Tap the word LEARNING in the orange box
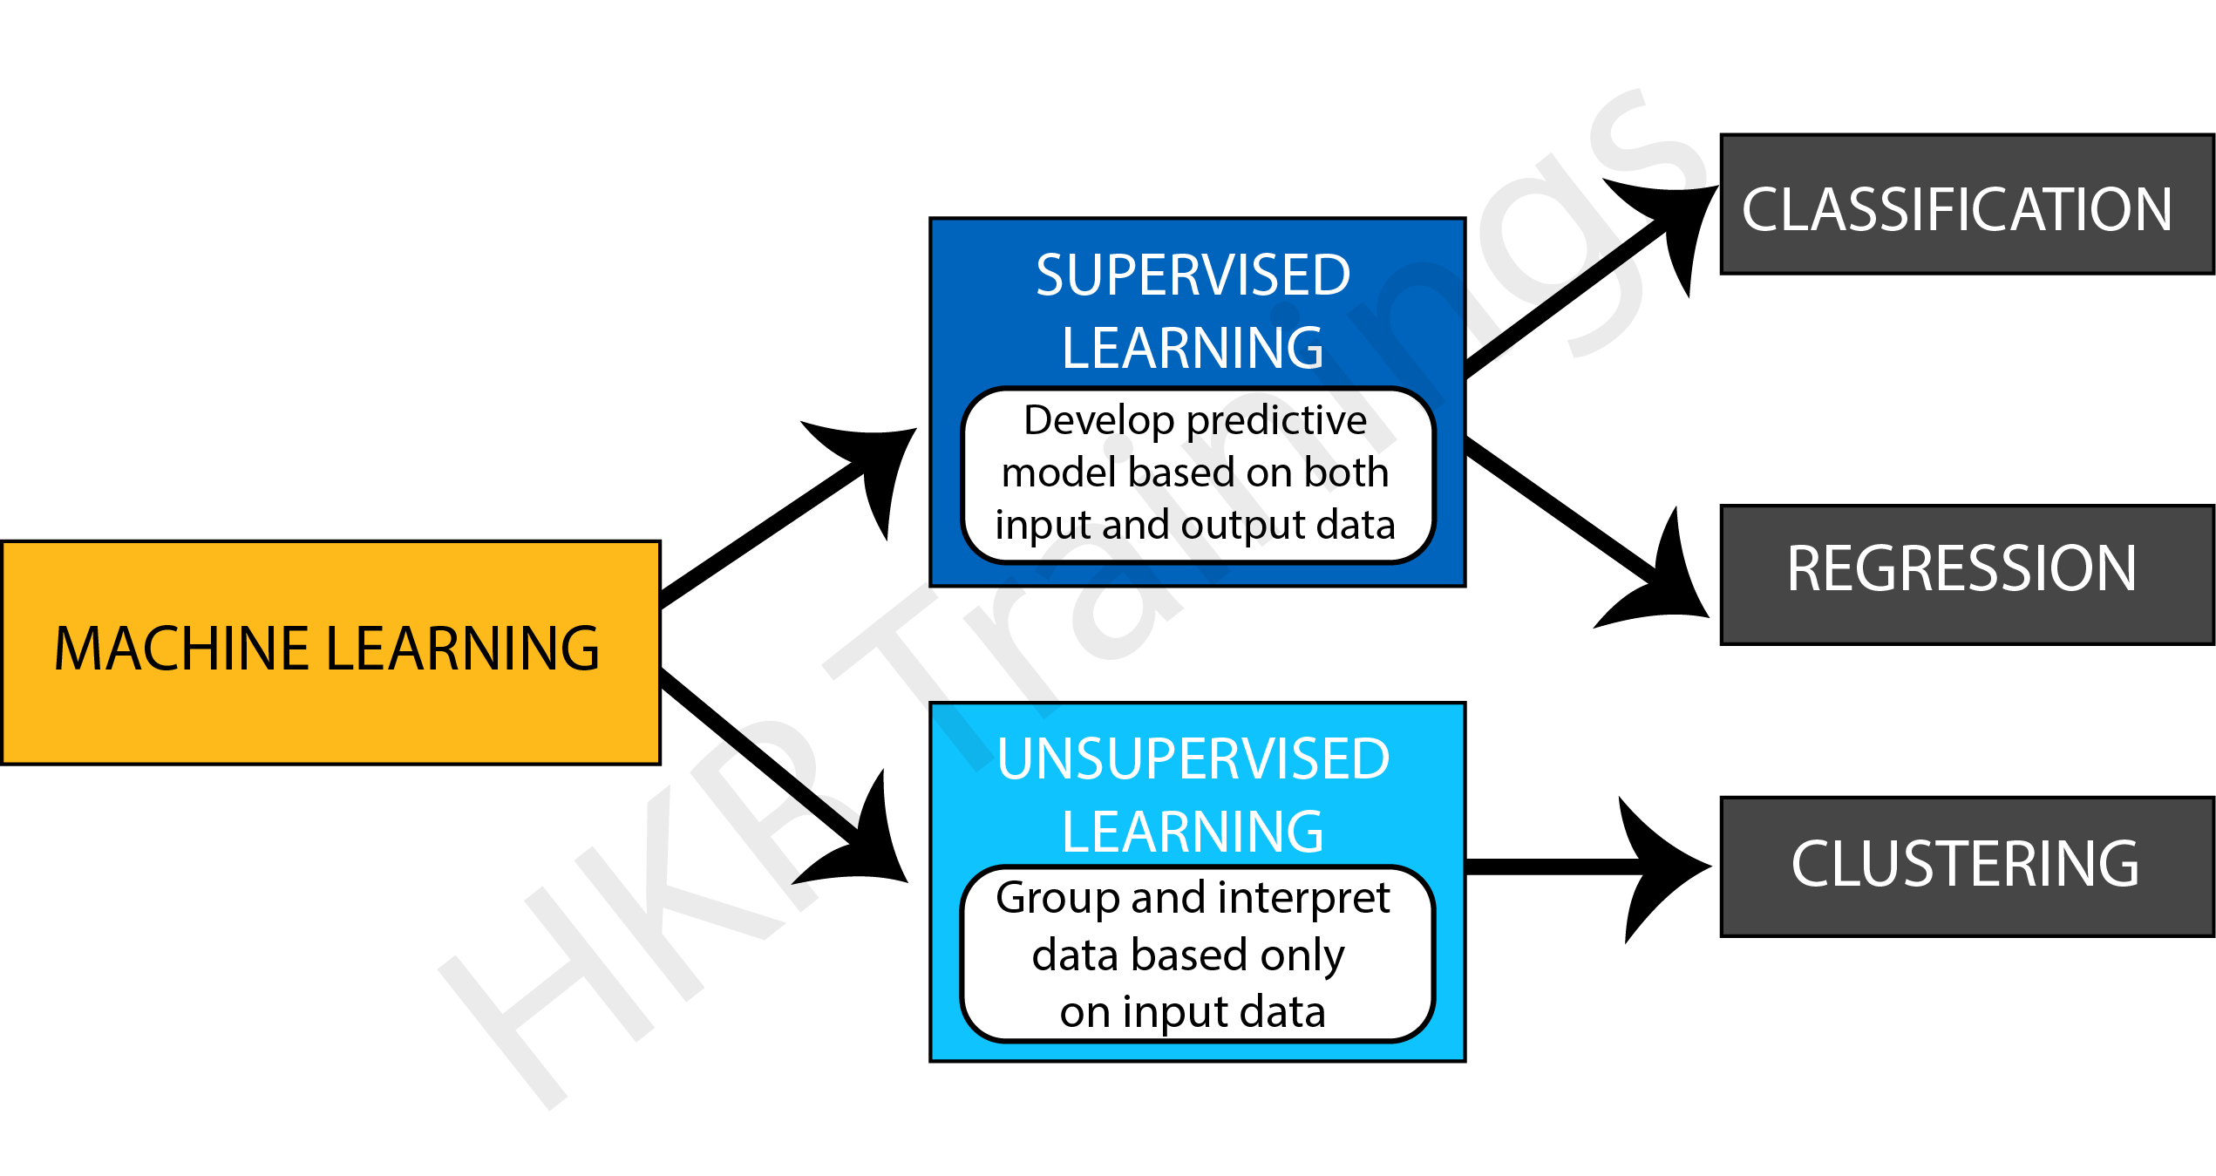pos(462,649)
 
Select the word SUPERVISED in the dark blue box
pos(1193,275)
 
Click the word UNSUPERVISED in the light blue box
pos(1193,758)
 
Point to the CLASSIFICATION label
pos(1956,209)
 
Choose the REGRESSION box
pos(1961,568)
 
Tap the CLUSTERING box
pos(1965,863)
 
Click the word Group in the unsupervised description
pos(1057,898)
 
